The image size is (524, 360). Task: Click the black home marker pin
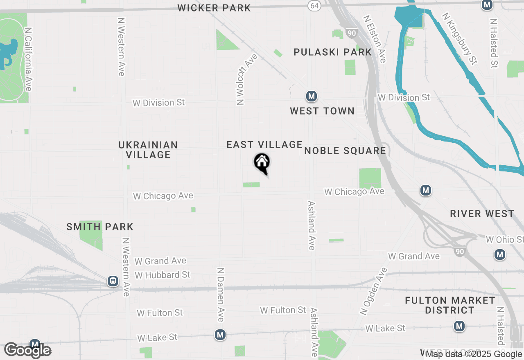pos(262,162)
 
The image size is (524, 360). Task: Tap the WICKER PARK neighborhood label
pos(214,8)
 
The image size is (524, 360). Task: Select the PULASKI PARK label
pos(333,52)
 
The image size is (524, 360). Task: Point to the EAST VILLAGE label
pos(264,144)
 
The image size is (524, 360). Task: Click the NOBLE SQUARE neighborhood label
pos(345,151)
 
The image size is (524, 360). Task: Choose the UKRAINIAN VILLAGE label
pos(148,150)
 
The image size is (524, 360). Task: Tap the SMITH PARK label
pos(100,227)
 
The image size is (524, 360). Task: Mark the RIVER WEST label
pos(482,214)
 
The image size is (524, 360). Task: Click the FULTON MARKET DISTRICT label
pos(449,305)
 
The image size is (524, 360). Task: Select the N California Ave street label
pos(28,60)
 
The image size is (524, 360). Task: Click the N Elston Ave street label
pos(375,39)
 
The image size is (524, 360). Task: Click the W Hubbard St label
pos(163,275)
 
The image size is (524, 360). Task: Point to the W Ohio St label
pos(504,239)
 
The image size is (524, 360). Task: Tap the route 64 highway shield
pos(314,5)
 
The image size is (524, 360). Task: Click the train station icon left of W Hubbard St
pos(113,281)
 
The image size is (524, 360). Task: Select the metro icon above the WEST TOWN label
pos(312,97)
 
